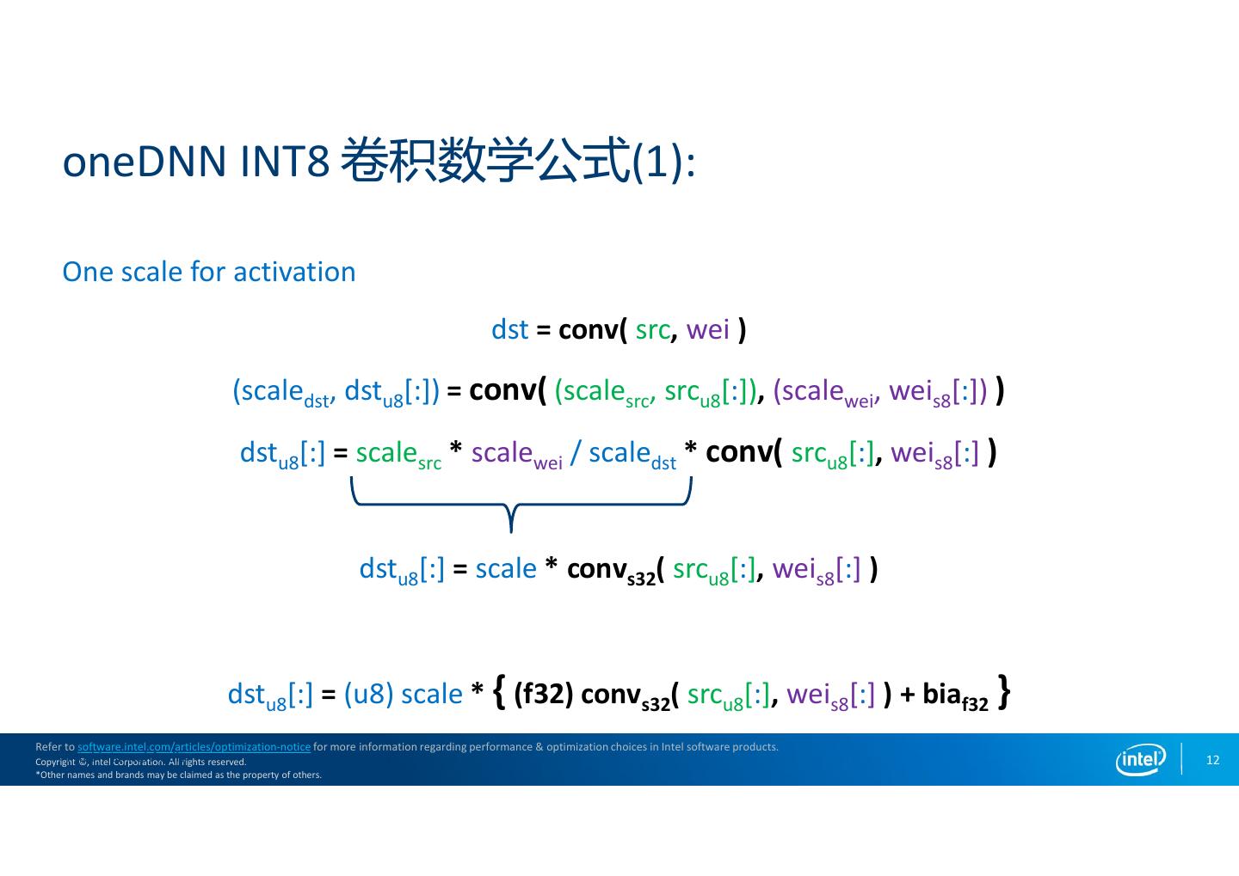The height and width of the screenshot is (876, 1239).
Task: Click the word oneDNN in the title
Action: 145,162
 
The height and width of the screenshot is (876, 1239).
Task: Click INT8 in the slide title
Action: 286,162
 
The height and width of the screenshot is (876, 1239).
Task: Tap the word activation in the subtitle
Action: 294,272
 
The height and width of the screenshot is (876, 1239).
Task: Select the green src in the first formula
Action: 652,331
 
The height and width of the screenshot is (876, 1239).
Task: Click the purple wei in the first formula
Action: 707,330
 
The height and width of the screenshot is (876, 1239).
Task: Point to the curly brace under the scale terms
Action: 521,504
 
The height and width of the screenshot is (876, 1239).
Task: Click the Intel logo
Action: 1140,759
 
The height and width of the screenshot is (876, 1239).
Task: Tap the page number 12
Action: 1212,760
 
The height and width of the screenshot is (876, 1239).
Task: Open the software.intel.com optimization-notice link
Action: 194,747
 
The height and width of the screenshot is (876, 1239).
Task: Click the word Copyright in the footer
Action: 55,762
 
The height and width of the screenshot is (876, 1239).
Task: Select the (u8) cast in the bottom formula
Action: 368,694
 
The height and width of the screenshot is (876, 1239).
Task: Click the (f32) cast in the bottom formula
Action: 543,694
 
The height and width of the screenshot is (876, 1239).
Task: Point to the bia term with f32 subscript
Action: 955,696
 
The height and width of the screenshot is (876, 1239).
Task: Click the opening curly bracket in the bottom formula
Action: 499,692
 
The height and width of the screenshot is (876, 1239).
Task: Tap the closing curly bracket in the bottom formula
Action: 1004,692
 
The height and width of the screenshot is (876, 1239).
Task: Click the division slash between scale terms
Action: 576,453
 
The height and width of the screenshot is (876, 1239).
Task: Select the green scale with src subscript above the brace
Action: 398,455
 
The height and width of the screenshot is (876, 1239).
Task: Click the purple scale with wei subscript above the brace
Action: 516,455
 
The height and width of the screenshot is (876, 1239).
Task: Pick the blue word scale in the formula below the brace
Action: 506,569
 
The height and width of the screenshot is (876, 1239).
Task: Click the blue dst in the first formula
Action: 510,330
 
